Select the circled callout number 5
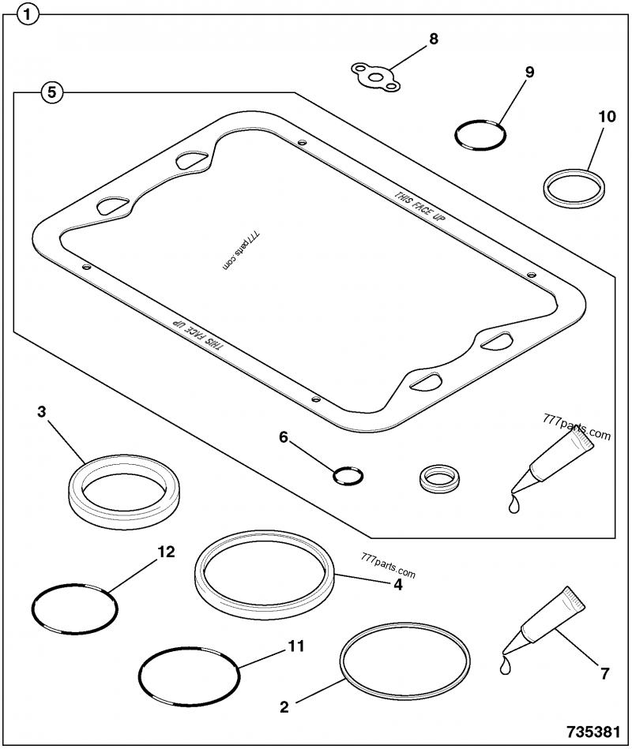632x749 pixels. [51, 92]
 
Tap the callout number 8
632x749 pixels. [433, 39]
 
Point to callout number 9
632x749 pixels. [529, 73]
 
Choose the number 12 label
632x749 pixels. [166, 552]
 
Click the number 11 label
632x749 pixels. [295, 646]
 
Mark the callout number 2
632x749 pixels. [283, 706]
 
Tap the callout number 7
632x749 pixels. [604, 673]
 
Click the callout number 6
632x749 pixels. [283, 436]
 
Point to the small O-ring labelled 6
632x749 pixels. [348, 475]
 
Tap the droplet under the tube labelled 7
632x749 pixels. [506, 668]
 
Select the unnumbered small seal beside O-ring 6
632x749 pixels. [438, 477]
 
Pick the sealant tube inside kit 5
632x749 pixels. [557, 458]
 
